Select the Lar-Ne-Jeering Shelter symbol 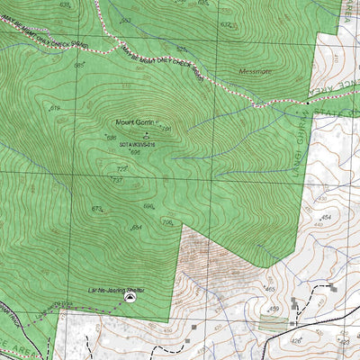click(130, 296)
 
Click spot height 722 click(122, 167)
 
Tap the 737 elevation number click(116, 180)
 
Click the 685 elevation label click(79, 65)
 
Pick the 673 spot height click(97, 208)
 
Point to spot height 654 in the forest click(137, 228)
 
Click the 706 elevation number click(166, 222)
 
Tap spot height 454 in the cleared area click(326, 218)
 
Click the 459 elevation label click(274, 309)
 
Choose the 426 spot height click(295, 341)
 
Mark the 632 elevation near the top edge click(226, 25)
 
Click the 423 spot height click(343, 341)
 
